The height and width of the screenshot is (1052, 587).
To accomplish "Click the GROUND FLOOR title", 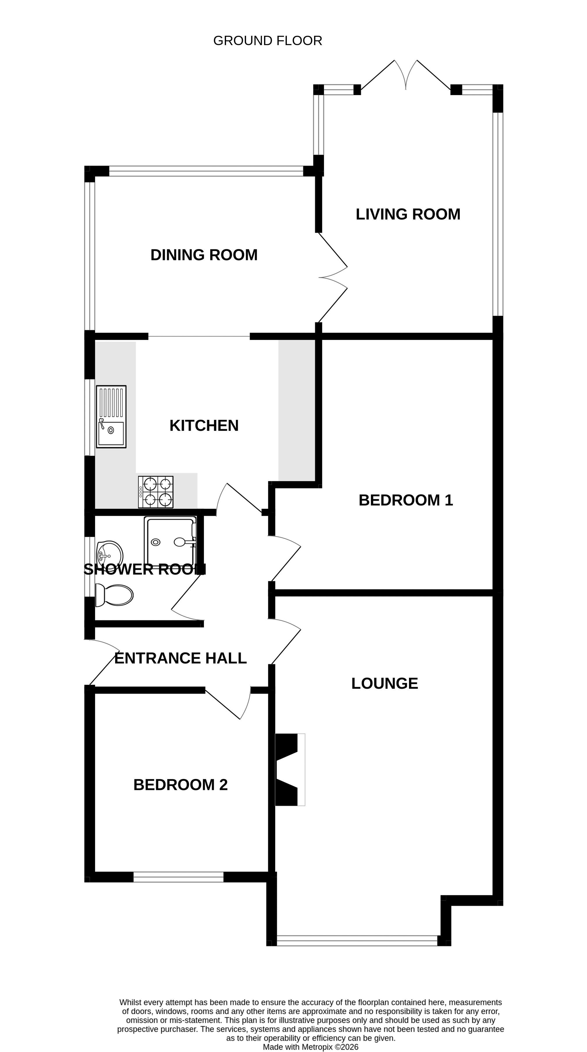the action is click(x=268, y=41).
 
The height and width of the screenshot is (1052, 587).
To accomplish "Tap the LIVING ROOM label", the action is click(x=408, y=214).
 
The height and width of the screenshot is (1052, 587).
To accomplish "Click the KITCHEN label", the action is click(x=204, y=425).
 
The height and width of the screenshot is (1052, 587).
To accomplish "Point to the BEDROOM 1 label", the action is click(x=405, y=500).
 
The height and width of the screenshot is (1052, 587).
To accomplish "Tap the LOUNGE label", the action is click(x=384, y=684).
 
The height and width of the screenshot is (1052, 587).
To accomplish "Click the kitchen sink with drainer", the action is click(x=111, y=417).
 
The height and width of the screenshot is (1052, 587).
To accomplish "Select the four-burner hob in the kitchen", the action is click(x=156, y=492).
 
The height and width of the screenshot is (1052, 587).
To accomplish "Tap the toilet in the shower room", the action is click(x=114, y=595).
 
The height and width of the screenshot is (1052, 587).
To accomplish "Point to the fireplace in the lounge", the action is click(x=290, y=769).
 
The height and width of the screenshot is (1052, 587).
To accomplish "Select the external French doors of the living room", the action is click(x=405, y=75).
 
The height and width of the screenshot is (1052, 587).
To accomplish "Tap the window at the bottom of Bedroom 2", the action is click(x=179, y=877).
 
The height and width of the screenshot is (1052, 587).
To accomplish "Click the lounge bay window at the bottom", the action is click(x=357, y=941).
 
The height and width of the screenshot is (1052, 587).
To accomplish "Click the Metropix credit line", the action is click(x=310, y=1047).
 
